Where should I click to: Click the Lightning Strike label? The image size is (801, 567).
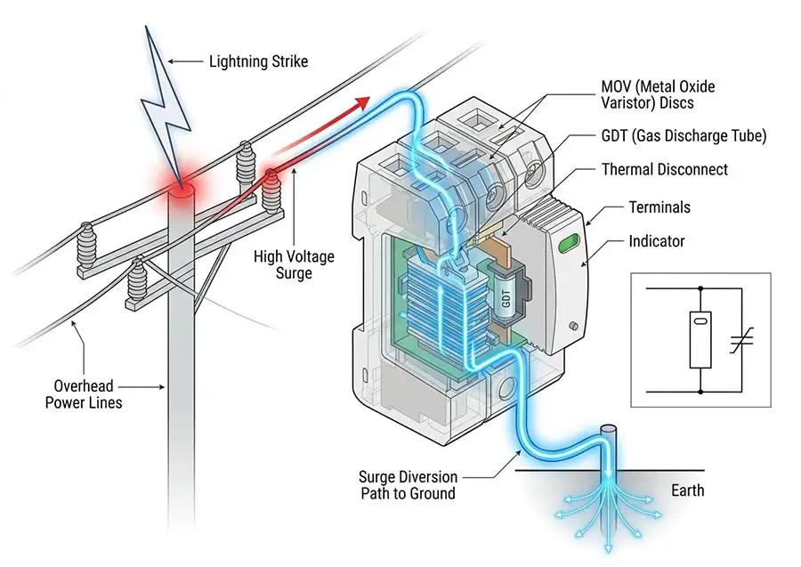pos(258,61)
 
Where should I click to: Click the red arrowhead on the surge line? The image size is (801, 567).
pos(361,102)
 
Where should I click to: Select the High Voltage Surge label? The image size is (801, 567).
pos(294,264)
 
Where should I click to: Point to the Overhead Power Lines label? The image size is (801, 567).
pos(84,393)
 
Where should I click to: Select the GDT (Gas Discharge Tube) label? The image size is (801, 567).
pos(684,136)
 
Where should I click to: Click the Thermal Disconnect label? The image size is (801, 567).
pos(665,170)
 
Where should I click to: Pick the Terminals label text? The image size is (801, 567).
pos(659,207)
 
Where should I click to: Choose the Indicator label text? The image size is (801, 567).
pos(657,241)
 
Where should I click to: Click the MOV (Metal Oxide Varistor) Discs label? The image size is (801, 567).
pos(658,94)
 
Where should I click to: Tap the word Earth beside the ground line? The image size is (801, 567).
pos(688,490)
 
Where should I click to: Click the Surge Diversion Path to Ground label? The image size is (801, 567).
pos(408,485)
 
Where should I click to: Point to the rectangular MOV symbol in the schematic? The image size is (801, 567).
pos(700,340)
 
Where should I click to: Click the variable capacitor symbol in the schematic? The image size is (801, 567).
pos(741,340)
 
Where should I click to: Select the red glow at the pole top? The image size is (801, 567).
pos(182,190)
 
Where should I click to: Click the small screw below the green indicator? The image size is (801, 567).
pos(574,326)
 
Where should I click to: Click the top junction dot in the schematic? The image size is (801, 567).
pos(700,288)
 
